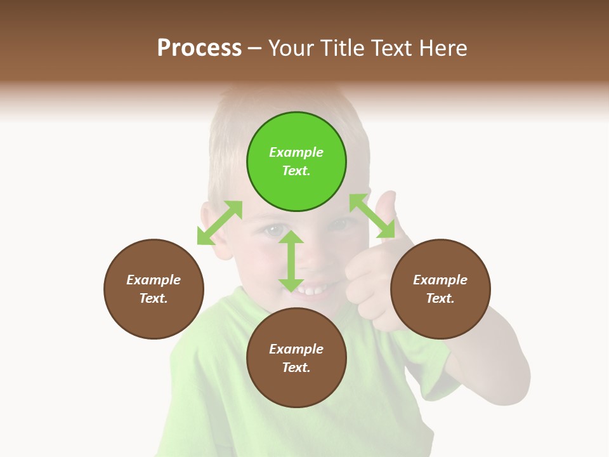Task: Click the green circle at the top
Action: coord(296,162)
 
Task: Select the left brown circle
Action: coord(154,289)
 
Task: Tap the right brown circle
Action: coord(440,289)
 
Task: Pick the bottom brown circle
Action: coord(296,358)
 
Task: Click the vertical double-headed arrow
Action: coord(291,260)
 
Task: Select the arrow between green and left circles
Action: coord(219,223)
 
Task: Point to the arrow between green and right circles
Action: coord(372,216)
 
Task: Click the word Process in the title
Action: coord(199,48)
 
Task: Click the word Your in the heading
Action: coord(291,48)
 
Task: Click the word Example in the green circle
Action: coord(296,152)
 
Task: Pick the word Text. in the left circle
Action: coord(154,298)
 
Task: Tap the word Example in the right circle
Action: coord(440,280)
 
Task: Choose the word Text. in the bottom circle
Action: coord(296,368)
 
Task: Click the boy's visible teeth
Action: coord(312,291)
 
